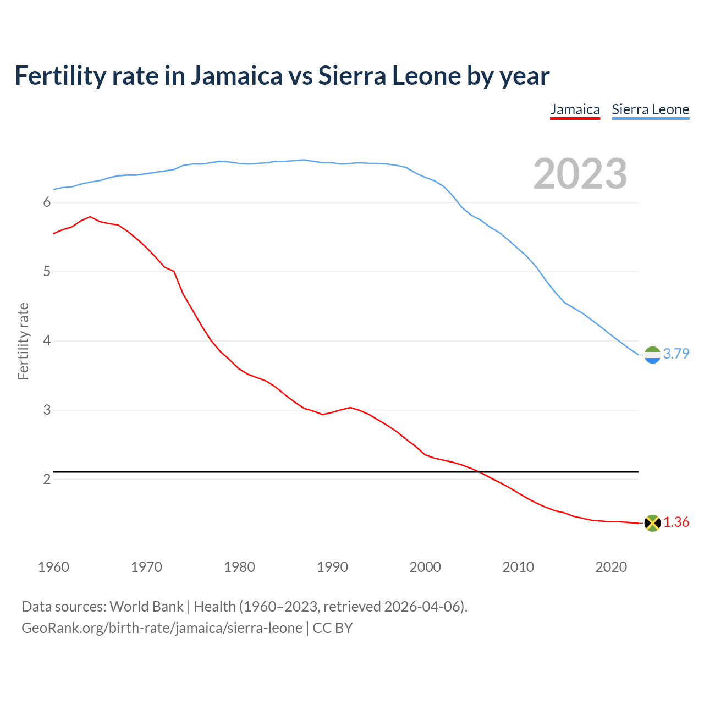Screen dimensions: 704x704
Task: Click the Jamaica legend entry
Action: pyautogui.click(x=575, y=109)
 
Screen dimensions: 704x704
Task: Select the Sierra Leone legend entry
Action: pyautogui.click(x=650, y=109)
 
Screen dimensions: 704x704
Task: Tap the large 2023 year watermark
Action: pyautogui.click(x=580, y=174)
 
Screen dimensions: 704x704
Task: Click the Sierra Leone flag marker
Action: pyautogui.click(x=652, y=355)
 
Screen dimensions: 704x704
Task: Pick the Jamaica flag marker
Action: pyautogui.click(x=652, y=523)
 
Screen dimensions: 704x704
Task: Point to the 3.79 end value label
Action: pyautogui.click(x=676, y=354)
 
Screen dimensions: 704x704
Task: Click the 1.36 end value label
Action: pyautogui.click(x=676, y=522)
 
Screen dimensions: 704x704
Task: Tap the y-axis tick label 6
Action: pyautogui.click(x=47, y=202)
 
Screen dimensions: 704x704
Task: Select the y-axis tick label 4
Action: pyautogui.click(x=47, y=341)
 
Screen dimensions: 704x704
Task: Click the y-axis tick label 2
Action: pyautogui.click(x=47, y=479)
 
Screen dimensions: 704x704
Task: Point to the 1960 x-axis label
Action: pyautogui.click(x=53, y=567)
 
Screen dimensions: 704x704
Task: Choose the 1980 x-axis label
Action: pyautogui.click(x=239, y=567)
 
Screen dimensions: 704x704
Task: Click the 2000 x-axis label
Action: pyautogui.click(x=425, y=567)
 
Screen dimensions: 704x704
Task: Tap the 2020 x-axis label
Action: pyautogui.click(x=611, y=567)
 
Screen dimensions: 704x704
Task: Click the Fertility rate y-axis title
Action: pyautogui.click(x=23, y=341)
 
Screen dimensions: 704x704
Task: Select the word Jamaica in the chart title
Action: pyautogui.click(x=237, y=75)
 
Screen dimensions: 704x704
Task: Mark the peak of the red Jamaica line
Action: pyautogui.click(x=90, y=217)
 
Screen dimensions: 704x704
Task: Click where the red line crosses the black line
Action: pyautogui.click(x=480, y=472)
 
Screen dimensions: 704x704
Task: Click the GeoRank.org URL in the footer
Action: pyautogui.click(x=162, y=628)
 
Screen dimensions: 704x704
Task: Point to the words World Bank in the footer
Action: pyautogui.click(x=146, y=606)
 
